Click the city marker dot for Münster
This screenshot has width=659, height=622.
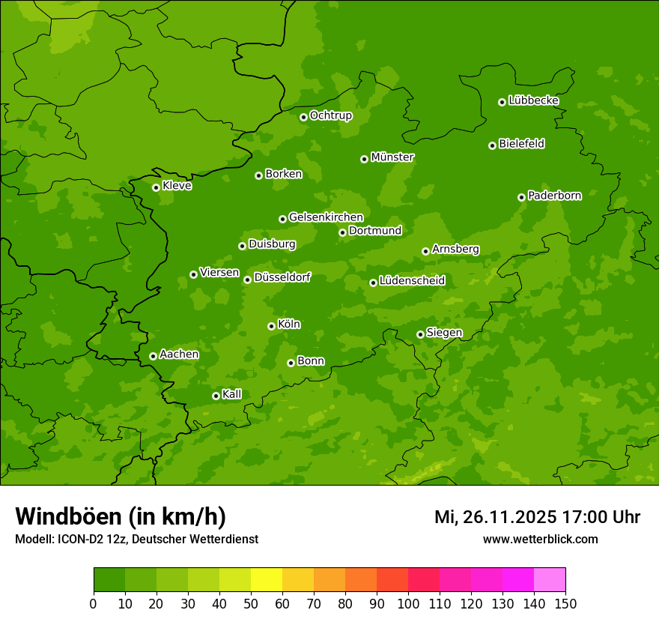[364, 159]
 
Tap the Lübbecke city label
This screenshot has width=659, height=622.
[533, 100]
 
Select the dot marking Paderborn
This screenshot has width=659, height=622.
[521, 197]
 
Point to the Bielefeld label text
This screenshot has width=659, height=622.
[521, 144]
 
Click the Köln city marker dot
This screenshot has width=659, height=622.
[271, 326]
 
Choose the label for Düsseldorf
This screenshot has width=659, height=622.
[282, 277]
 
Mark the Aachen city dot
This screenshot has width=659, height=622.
[153, 356]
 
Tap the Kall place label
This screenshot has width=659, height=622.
[231, 394]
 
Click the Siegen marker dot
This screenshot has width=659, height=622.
[420, 334]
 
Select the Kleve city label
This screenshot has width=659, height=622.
[177, 186]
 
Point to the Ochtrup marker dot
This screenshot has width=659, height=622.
[303, 117]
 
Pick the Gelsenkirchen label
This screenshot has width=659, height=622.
[326, 217]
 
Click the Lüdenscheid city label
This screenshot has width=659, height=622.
[412, 281]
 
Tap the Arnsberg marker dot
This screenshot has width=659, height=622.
[425, 251]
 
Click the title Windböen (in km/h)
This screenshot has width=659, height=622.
[121, 516]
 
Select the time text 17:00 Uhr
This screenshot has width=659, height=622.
[600, 517]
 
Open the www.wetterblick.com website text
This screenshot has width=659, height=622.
[540, 539]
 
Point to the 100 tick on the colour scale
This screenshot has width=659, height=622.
[408, 603]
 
